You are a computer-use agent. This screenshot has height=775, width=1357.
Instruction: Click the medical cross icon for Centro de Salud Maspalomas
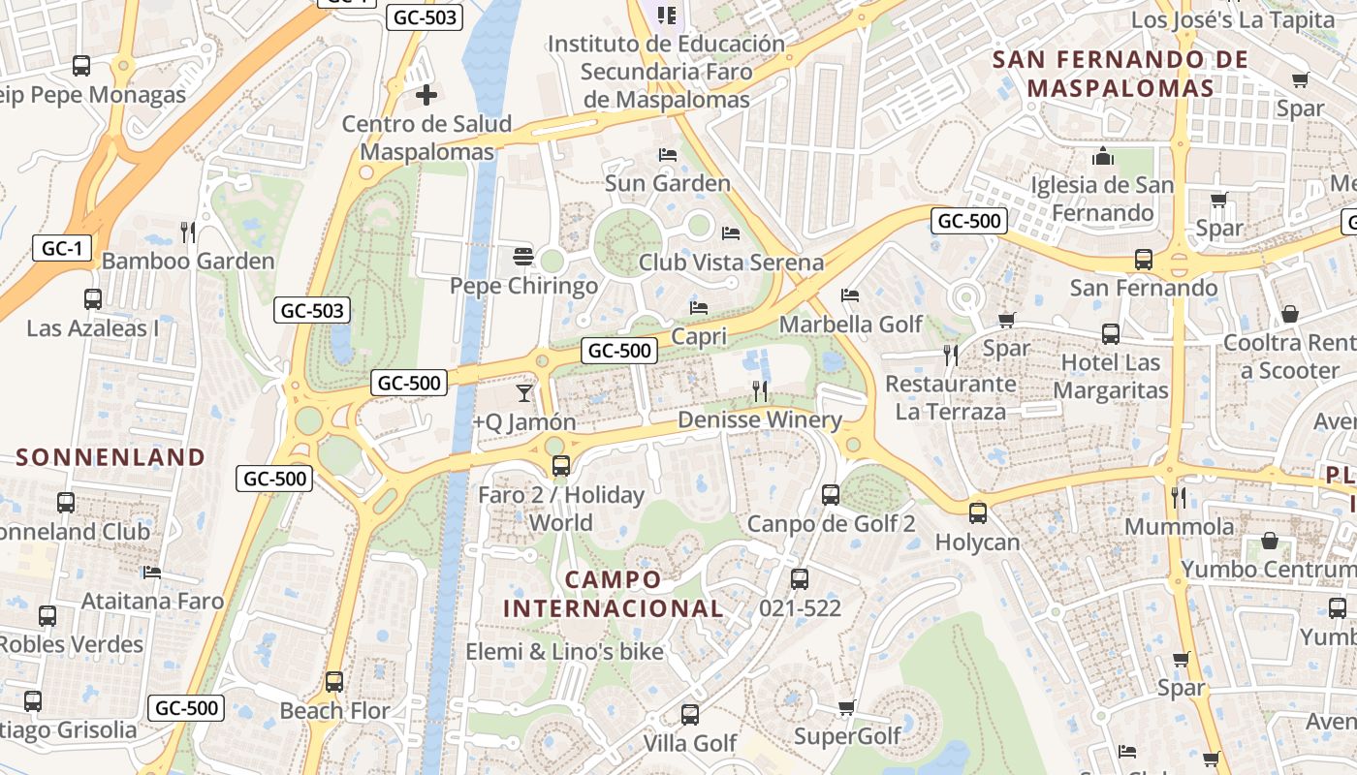tap(426, 95)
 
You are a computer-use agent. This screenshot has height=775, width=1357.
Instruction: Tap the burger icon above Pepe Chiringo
tap(523, 257)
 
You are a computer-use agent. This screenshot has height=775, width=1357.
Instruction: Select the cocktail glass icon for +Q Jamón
tap(524, 392)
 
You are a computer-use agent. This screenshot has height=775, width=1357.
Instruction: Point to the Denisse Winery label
tap(760, 419)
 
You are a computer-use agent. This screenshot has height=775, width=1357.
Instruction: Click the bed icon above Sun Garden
tap(667, 154)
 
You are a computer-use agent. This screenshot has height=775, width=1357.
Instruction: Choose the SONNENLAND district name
tap(110, 457)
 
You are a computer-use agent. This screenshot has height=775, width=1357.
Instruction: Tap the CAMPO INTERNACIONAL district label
tap(613, 594)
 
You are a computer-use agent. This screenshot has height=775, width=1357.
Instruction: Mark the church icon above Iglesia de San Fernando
tap(1102, 156)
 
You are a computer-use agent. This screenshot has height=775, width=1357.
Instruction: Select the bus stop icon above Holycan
tap(978, 513)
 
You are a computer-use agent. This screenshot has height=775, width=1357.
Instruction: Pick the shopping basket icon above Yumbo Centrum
tap(1270, 541)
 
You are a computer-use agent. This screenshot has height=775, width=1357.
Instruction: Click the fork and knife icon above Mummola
tap(1179, 498)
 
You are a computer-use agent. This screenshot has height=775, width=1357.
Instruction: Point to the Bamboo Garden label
tap(188, 261)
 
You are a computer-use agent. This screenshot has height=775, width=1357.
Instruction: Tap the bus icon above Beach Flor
tap(334, 681)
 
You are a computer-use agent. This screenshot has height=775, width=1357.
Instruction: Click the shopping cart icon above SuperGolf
tap(847, 707)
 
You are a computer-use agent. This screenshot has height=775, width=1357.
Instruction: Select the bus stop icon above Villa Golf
tap(690, 715)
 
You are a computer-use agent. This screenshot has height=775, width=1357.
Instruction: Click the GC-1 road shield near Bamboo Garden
tap(62, 248)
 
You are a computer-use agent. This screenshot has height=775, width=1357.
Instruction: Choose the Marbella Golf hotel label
tap(851, 324)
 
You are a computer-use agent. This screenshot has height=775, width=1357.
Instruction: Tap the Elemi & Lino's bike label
tap(565, 651)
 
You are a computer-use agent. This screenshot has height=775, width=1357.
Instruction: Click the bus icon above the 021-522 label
tap(800, 579)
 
